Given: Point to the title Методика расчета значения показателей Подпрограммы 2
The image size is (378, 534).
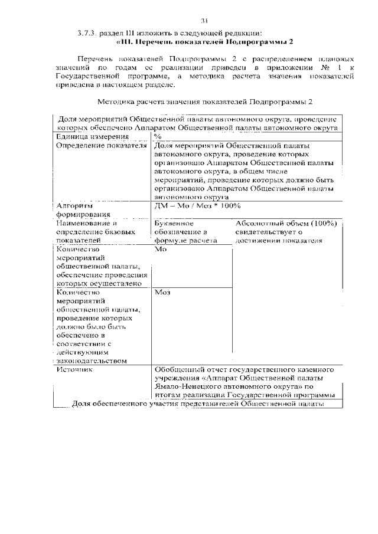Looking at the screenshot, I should click(204, 102).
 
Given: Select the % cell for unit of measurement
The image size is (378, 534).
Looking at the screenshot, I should click(158, 136).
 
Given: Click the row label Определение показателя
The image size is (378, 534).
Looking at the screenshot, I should click(101, 145).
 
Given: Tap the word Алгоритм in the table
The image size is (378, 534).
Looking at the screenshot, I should click(74, 206).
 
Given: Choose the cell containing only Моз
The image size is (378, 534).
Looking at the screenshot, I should click(162, 292).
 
